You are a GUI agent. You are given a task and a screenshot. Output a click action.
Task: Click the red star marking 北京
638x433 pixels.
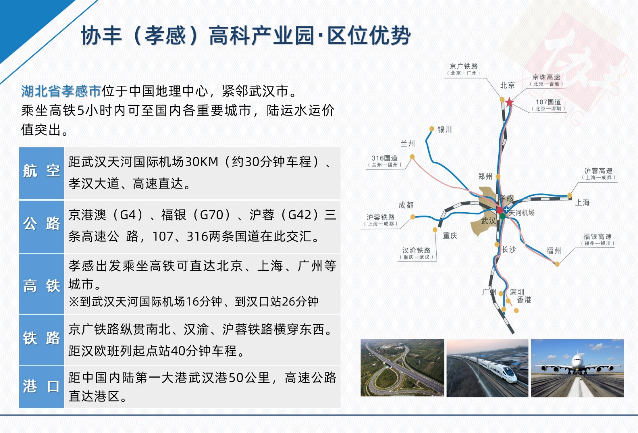click(509, 102)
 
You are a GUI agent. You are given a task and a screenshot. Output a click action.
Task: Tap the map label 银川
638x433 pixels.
click(445, 130)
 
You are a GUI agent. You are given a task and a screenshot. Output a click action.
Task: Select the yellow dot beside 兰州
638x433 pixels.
click(412, 157)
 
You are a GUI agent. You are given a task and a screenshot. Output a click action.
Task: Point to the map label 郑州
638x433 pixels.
click(485, 177)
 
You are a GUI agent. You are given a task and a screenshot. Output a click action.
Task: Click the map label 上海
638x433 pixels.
click(582, 202)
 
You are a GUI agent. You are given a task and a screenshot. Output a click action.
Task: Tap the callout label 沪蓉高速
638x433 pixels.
click(598, 171)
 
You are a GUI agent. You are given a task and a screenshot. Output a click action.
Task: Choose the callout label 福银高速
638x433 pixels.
click(597, 237)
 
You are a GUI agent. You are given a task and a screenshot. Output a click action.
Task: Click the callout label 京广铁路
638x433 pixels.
click(464, 66)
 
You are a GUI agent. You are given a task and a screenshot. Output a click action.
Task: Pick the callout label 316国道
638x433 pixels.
click(384, 158)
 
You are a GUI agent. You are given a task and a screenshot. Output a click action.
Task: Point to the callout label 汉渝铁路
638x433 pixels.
click(416, 250)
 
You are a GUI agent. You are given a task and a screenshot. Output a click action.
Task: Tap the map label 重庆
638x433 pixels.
click(450, 235)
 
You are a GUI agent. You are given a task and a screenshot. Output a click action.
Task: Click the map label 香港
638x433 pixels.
click(524, 300)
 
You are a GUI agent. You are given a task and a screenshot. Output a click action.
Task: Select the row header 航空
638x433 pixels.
click(41, 171)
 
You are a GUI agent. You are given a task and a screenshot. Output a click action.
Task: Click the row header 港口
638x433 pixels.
click(41, 386)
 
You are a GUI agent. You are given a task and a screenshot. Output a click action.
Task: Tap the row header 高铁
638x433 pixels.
click(41, 286)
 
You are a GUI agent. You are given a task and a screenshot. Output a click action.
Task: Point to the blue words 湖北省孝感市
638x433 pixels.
click(61, 91)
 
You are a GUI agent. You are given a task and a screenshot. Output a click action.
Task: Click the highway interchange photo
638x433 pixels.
click(402, 368)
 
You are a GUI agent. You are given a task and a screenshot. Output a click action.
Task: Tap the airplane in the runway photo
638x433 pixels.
click(578, 365)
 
